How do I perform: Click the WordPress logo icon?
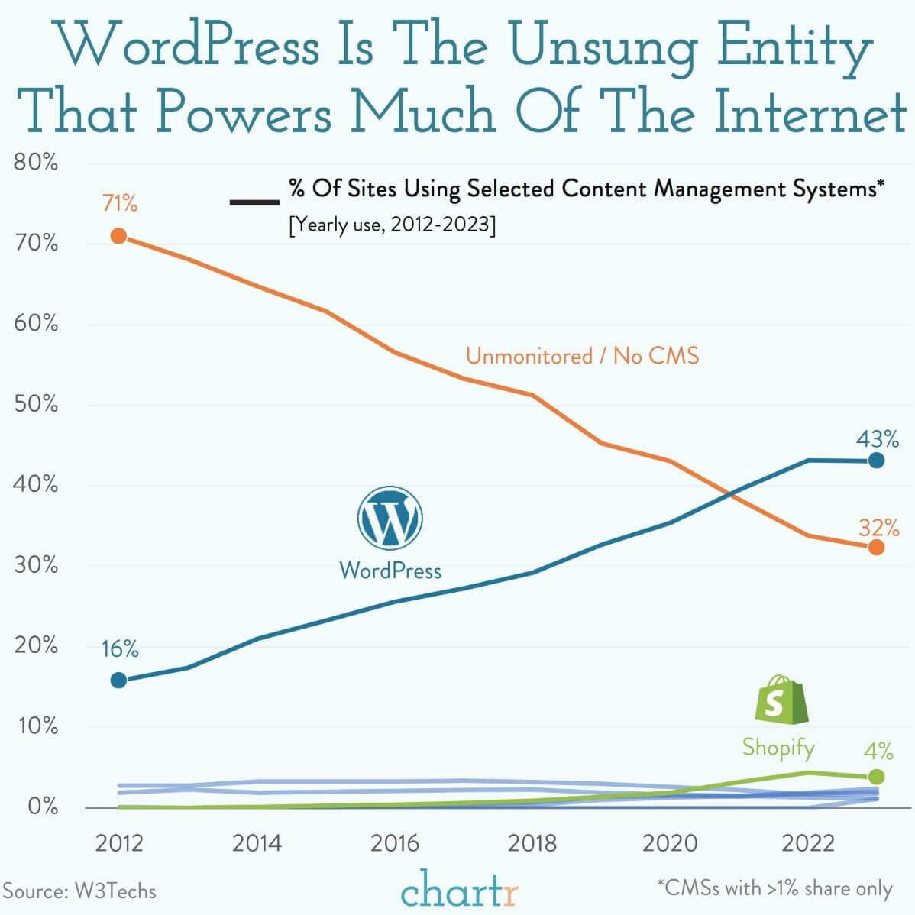tap(390, 519)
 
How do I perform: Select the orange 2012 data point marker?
tap(118, 236)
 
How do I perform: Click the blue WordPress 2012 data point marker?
tap(118, 680)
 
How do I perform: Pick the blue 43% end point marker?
tap(876, 461)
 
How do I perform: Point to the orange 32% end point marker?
tap(876, 547)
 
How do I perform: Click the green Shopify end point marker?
tap(876, 777)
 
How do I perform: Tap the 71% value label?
tap(120, 204)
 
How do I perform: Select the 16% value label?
tap(120, 649)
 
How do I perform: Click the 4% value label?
tap(878, 751)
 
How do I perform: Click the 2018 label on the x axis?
tap(532, 843)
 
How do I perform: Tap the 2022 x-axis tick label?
tap(808, 843)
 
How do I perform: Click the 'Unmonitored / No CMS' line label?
tap(582, 356)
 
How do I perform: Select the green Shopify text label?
tap(778, 747)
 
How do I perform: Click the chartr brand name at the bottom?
tap(460, 890)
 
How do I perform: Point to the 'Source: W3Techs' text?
tap(79, 891)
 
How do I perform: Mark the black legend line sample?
tap(254, 202)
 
